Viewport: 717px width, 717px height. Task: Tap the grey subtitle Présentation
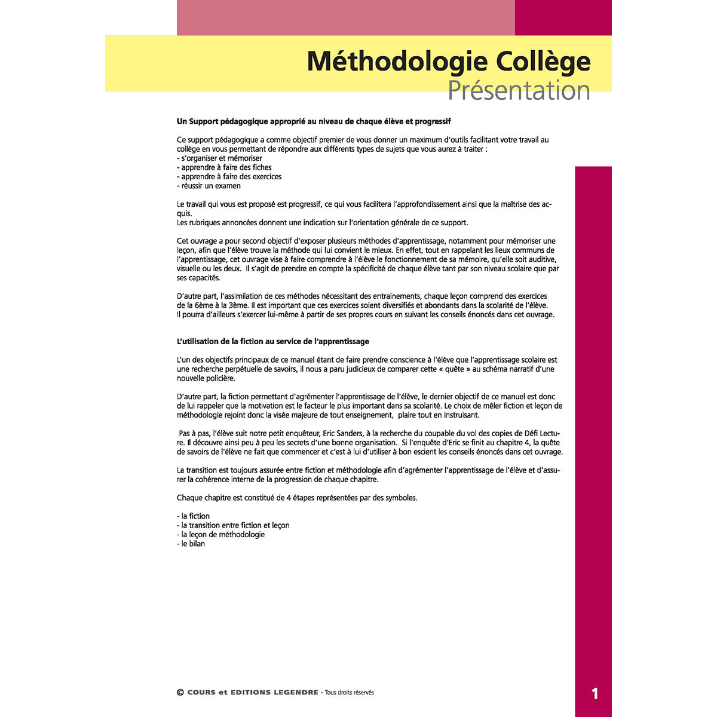pyautogui.click(x=519, y=90)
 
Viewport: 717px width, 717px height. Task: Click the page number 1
pyautogui.click(x=595, y=694)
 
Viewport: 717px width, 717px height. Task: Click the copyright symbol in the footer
pyautogui.click(x=180, y=693)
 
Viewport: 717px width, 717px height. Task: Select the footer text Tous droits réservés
pyautogui.click(x=349, y=693)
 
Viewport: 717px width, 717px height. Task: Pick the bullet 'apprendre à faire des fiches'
pyautogui.click(x=226, y=167)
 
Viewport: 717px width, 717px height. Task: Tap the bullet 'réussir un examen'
pyautogui.click(x=210, y=186)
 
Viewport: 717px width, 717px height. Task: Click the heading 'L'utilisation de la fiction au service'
pyautogui.click(x=273, y=342)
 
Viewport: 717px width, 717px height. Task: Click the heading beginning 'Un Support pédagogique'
pyautogui.click(x=314, y=121)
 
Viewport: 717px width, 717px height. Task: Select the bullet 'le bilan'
pyautogui.click(x=192, y=544)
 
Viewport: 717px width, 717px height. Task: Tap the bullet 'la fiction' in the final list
pyautogui.click(x=195, y=516)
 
